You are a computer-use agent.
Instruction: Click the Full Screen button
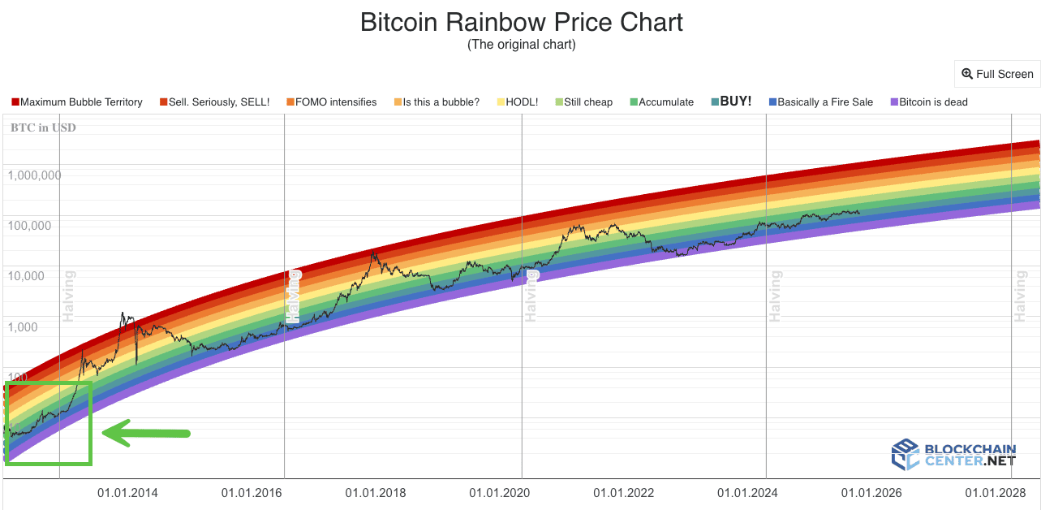(997, 74)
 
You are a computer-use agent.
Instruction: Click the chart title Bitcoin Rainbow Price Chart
(521, 22)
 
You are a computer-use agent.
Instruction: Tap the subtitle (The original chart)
(521, 45)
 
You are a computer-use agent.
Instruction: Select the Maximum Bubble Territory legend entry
(77, 102)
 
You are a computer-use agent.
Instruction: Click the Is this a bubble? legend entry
(436, 102)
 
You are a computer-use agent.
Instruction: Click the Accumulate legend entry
(660, 102)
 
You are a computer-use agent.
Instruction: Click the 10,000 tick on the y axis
(37, 277)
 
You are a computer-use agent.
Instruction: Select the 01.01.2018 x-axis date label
(376, 493)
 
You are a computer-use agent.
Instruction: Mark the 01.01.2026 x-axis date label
(871, 493)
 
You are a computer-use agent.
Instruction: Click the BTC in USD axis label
(43, 127)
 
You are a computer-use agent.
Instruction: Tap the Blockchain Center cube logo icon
(905, 455)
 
